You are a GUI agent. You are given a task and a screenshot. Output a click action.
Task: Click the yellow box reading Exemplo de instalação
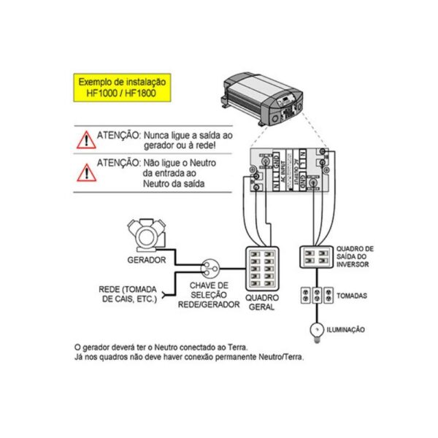click(x=123, y=89)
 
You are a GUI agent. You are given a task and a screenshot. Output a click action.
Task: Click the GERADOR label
click(x=145, y=259)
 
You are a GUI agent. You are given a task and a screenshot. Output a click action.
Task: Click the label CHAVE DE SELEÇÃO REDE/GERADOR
click(x=209, y=294)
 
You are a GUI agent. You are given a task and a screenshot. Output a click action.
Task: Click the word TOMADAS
click(x=352, y=296)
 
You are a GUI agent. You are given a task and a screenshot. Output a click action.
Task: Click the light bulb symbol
click(x=318, y=329)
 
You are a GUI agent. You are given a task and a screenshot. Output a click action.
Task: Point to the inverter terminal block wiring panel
click(x=290, y=167)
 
